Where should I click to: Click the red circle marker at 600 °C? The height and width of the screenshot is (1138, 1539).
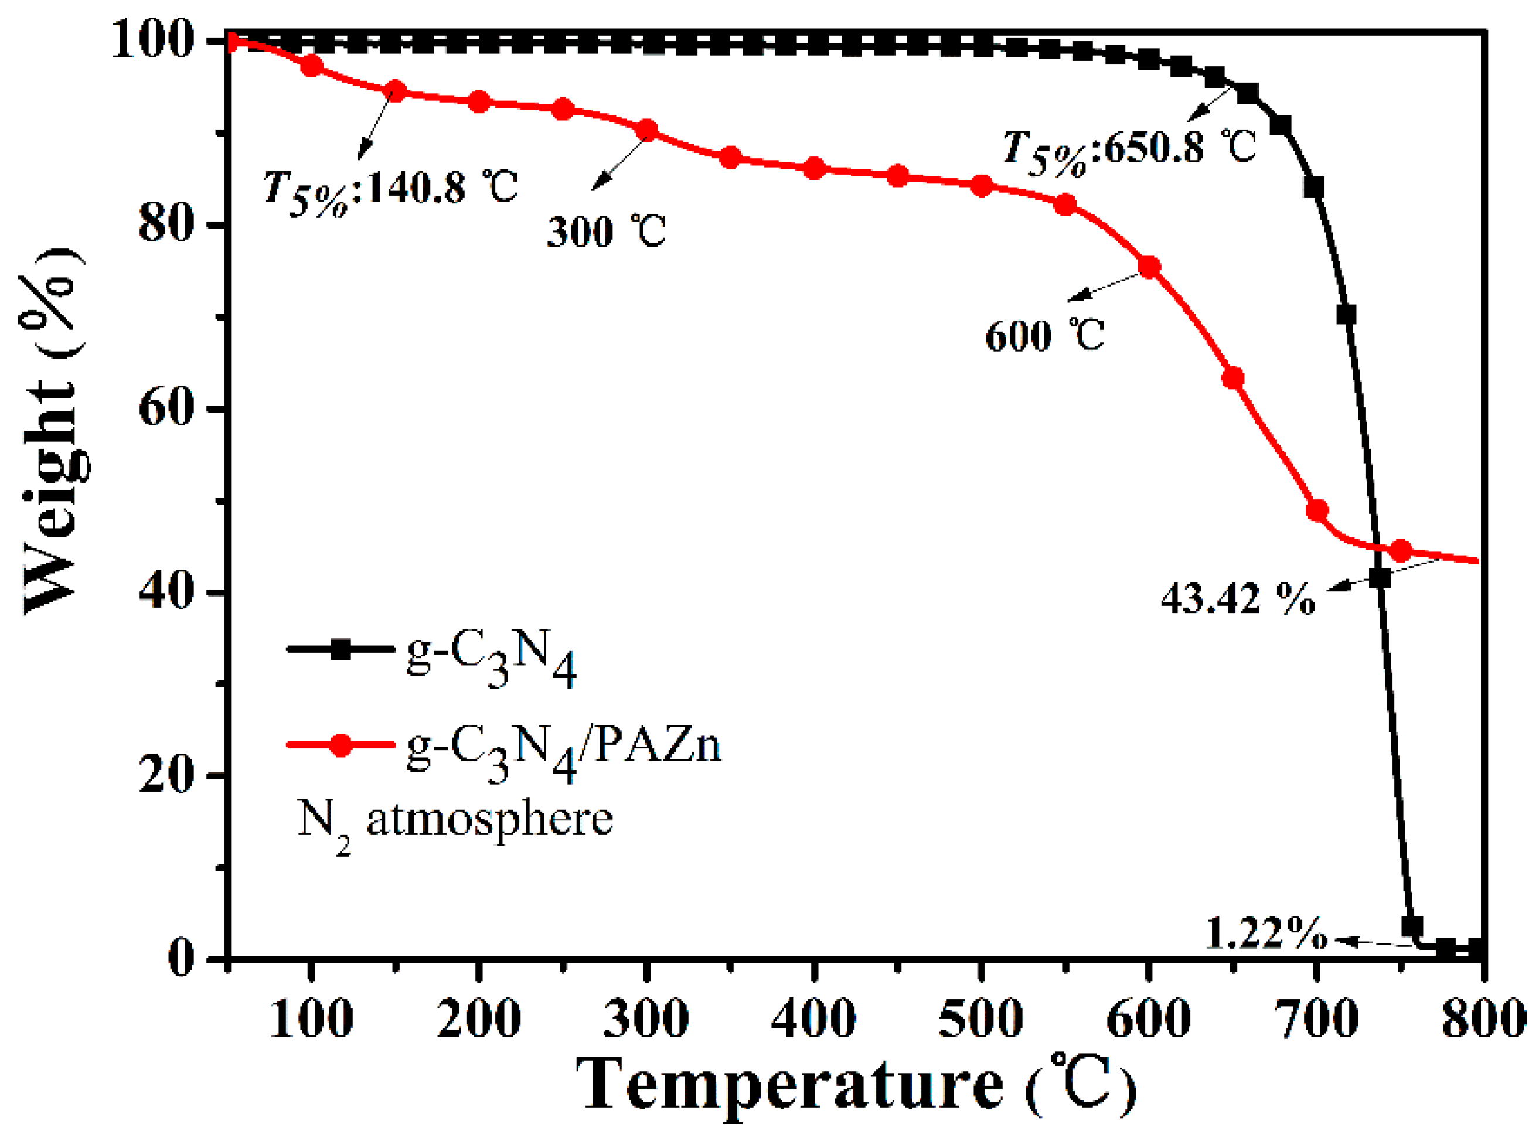point(1149,267)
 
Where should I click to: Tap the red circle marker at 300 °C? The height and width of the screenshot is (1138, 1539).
point(647,130)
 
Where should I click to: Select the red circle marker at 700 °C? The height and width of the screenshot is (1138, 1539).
point(1316,510)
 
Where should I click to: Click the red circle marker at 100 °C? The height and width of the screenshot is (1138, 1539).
point(312,66)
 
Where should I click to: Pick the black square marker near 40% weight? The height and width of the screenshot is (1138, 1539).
point(1379,577)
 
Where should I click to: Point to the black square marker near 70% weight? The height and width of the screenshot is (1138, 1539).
point(1346,315)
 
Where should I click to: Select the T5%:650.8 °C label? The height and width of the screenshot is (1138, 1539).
point(1128,149)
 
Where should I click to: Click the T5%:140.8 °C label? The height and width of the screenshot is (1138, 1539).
point(390,188)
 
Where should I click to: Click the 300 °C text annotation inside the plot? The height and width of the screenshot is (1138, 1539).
point(606,231)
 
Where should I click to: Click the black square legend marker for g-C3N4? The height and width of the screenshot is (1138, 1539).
point(341,649)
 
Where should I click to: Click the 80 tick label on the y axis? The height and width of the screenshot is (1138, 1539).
point(164,224)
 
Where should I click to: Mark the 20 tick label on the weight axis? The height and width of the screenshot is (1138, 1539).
point(164,775)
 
